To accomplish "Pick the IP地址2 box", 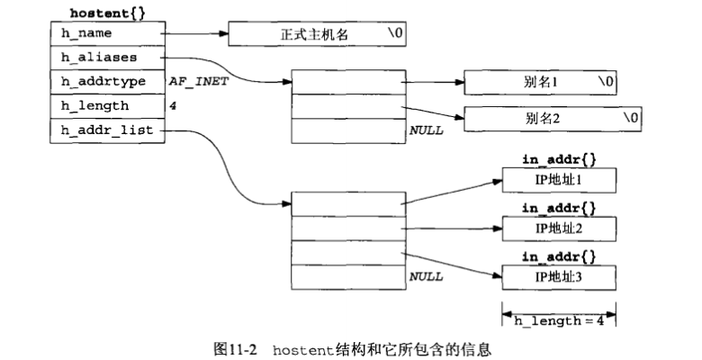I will click(559, 228).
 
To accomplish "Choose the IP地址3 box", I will click(559, 275).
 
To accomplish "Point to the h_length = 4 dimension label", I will click(559, 320).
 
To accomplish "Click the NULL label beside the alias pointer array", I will click(426, 130).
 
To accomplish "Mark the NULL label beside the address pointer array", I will click(426, 277).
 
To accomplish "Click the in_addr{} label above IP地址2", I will click(559, 208).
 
